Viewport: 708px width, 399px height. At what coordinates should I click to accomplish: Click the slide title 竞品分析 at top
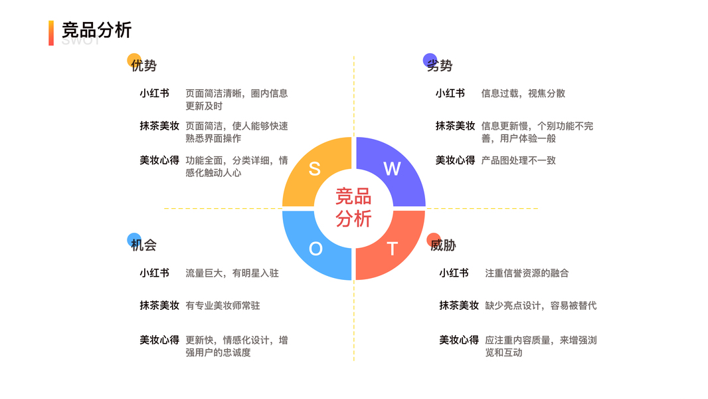97,30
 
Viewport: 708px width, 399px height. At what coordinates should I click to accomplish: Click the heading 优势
144,66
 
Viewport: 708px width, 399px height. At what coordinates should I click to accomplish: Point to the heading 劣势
440,66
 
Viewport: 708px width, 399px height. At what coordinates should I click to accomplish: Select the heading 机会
144,245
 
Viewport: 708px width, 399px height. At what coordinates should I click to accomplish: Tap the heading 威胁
443,245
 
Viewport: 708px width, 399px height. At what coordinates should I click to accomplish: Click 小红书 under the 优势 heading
154,94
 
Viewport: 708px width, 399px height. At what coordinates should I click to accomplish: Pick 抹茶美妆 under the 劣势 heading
455,126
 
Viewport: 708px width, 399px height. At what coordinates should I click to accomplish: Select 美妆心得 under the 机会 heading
159,340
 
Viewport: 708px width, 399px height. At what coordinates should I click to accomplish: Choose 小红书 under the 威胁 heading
454,273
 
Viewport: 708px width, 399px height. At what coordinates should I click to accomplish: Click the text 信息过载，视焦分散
523,94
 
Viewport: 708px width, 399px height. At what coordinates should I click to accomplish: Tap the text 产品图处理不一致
518,160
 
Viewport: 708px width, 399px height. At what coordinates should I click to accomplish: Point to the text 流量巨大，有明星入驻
232,273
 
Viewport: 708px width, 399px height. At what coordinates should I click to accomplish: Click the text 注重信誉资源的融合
527,273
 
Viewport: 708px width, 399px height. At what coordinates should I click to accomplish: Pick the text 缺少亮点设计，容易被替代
541,306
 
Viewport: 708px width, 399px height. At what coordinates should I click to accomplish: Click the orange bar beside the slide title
51,33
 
